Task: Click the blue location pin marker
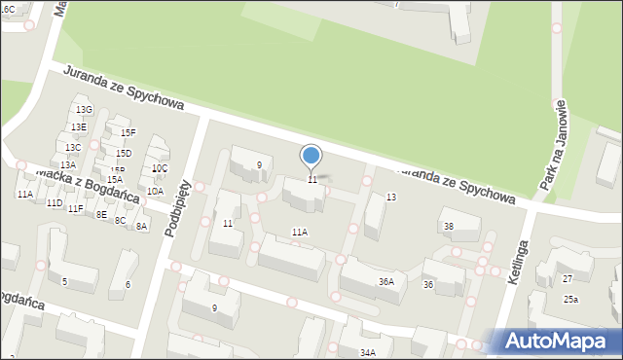coord(311,156)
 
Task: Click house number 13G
coord(84,110)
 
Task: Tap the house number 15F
coord(128,132)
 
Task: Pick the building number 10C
coord(160,168)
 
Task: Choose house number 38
coord(449,227)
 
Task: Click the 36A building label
coord(386,282)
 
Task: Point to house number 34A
coord(368,353)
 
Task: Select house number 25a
coord(570,299)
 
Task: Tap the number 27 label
coord(568,279)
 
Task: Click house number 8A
coord(142,227)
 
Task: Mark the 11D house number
coord(55,202)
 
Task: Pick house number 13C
coord(73,148)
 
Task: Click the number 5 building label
coord(65,282)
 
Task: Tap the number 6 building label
coord(128,284)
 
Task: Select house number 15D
coord(124,154)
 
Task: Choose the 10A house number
coord(156,192)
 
